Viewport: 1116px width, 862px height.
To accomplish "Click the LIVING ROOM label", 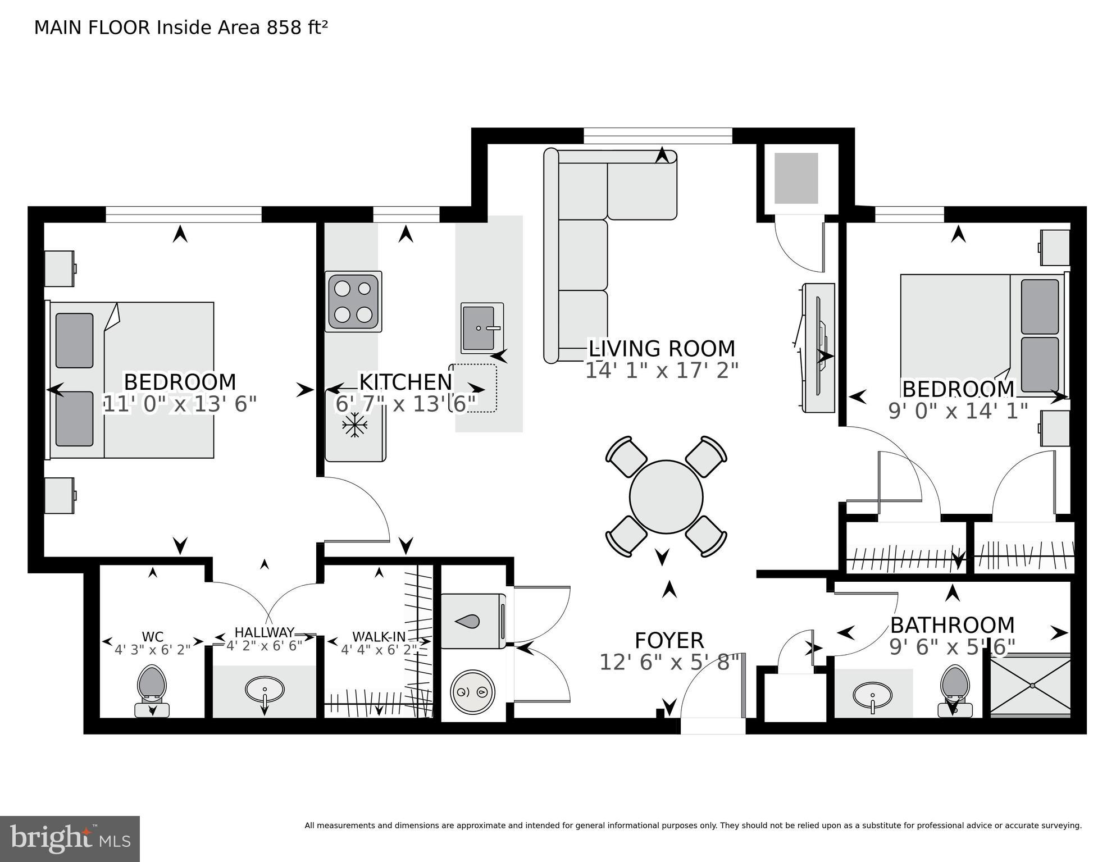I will (x=662, y=349).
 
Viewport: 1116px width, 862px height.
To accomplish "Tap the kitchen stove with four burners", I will (x=353, y=302).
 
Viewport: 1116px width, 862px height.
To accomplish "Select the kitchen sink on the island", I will (x=482, y=329).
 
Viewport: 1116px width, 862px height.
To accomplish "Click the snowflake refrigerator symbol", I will (x=354, y=426).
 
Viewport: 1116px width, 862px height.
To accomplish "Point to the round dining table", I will (x=666, y=497).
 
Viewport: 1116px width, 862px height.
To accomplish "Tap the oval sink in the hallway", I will (x=265, y=690).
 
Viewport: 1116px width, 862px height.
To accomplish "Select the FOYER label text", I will (x=669, y=641).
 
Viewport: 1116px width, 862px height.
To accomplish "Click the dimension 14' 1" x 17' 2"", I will (x=662, y=371).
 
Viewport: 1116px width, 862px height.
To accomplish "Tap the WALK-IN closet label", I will (x=379, y=637).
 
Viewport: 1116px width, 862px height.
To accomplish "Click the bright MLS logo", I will (x=70, y=839).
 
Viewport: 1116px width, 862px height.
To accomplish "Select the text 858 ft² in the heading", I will (x=297, y=28).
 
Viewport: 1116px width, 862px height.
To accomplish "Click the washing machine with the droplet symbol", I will (x=473, y=621).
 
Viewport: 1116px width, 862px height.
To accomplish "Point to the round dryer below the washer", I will (x=473, y=692).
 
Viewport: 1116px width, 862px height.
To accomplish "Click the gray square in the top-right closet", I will (x=796, y=178).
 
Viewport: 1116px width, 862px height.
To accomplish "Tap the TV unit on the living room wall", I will (x=818, y=348).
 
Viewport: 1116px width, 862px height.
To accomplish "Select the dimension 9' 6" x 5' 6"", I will (x=952, y=647).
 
